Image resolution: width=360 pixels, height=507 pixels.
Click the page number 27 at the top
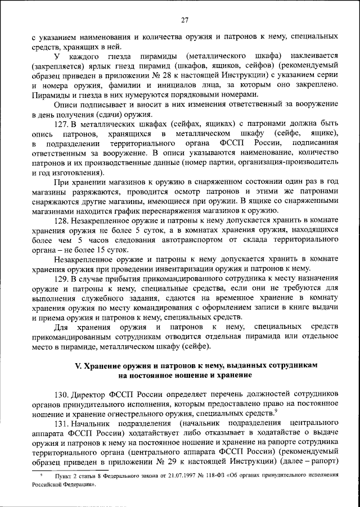pos(184,21)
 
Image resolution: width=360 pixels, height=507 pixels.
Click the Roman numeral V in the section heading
pos(78,365)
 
